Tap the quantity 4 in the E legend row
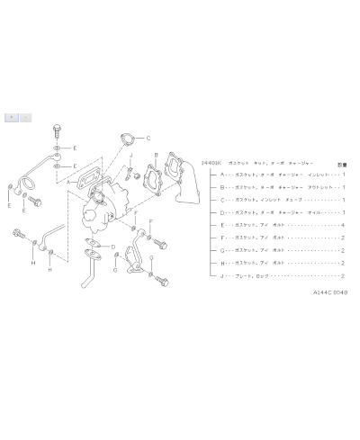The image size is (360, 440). [x=344, y=224]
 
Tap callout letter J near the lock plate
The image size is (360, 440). [x=130, y=157]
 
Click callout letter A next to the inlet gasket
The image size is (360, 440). [x=67, y=181]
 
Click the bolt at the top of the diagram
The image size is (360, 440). [x=58, y=125]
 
